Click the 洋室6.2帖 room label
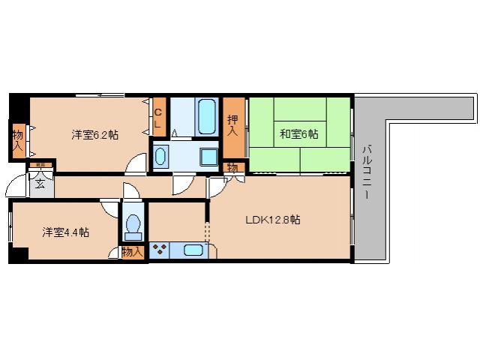coord(95,135)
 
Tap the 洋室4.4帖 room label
coord(65,232)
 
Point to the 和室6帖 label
coord(299,135)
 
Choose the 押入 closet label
coord(233,125)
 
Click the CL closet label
coord(158,118)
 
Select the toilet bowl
coord(133,225)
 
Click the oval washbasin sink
coord(160,156)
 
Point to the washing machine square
coord(208,157)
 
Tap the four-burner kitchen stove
coord(160,251)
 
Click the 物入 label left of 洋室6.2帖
coord(17,140)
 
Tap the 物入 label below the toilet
coord(132,252)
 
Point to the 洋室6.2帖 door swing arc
coord(137,163)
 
